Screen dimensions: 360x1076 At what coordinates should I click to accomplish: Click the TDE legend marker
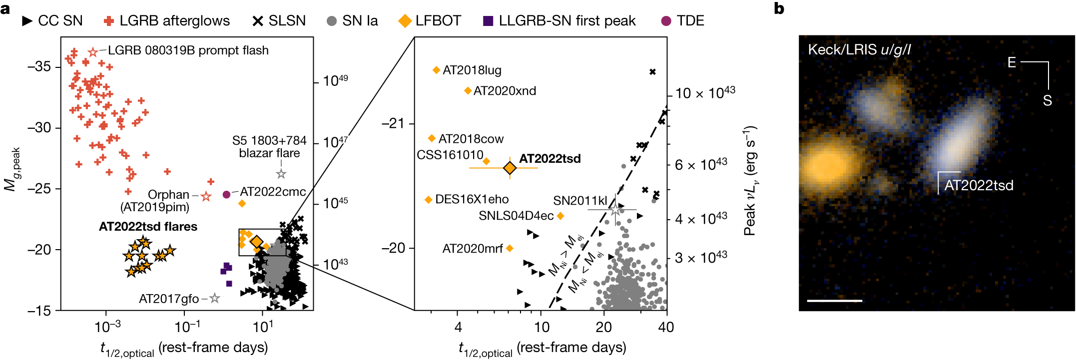click(666, 21)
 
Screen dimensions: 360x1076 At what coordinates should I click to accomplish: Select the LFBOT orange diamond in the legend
click(405, 21)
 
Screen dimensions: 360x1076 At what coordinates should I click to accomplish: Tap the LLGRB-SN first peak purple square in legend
click(488, 21)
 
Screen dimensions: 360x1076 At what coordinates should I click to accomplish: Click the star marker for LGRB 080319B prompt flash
click(93, 52)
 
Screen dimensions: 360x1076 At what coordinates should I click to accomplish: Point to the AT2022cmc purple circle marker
click(226, 194)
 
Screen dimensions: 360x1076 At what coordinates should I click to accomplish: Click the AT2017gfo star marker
click(215, 298)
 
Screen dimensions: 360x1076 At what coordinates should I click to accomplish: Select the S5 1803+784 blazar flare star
click(281, 174)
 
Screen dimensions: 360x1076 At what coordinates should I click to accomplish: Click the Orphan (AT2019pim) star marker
click(206, 196)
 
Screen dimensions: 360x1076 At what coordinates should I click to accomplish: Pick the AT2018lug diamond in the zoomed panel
click(436, 70)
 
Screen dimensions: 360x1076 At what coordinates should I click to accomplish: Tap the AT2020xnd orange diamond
click(468, 91)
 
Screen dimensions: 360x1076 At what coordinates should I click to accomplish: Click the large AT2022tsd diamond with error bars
click(510, 168)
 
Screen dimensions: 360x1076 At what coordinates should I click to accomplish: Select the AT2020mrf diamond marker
click(510, 248)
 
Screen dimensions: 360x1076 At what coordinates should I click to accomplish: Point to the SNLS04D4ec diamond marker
click(560, 216)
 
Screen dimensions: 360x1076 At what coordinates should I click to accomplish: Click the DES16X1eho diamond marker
click(428, 200)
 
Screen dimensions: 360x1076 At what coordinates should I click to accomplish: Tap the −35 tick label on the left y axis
click(39, 67)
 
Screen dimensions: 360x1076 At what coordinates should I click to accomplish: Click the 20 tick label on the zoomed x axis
click(603, 328)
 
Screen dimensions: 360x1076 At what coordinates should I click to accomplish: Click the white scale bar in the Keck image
click(834, 301)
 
